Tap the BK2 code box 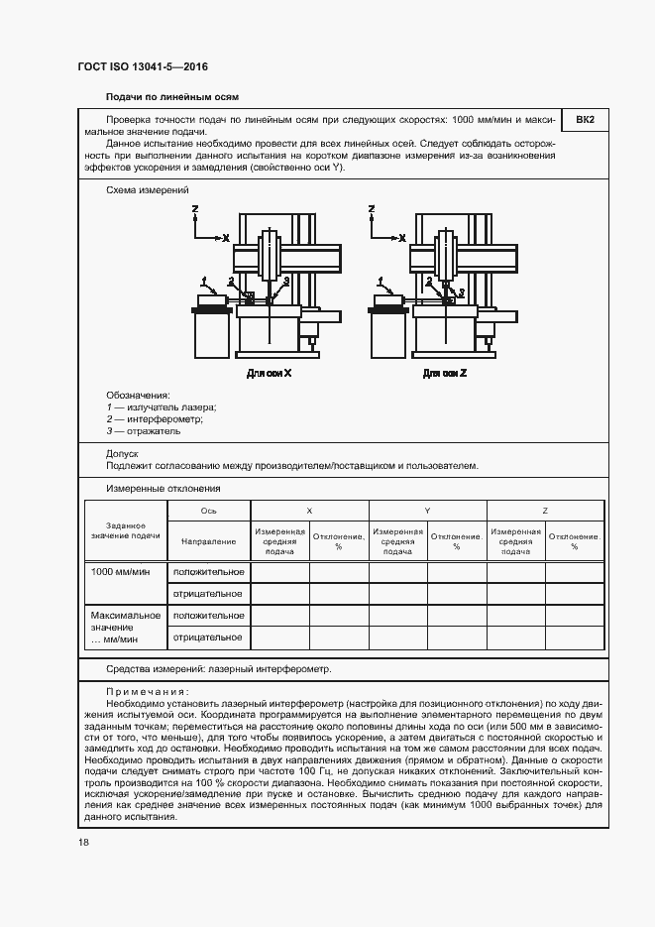coord(585,121)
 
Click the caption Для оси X coord(269,374)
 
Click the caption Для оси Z coord(445,374)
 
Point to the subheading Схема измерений coord(147,188)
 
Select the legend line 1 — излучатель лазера coord(161,406)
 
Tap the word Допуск coord(123,454)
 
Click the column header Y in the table coord(427,510)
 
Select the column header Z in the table coord(545,510)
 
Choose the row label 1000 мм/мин coord(120,572)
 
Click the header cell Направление coord(208,541)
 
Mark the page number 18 coord(83,842)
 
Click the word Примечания coord(147,692)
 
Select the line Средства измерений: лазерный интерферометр coord(218,669)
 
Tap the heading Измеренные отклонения coord(163,488)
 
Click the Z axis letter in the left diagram coord(195,210)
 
